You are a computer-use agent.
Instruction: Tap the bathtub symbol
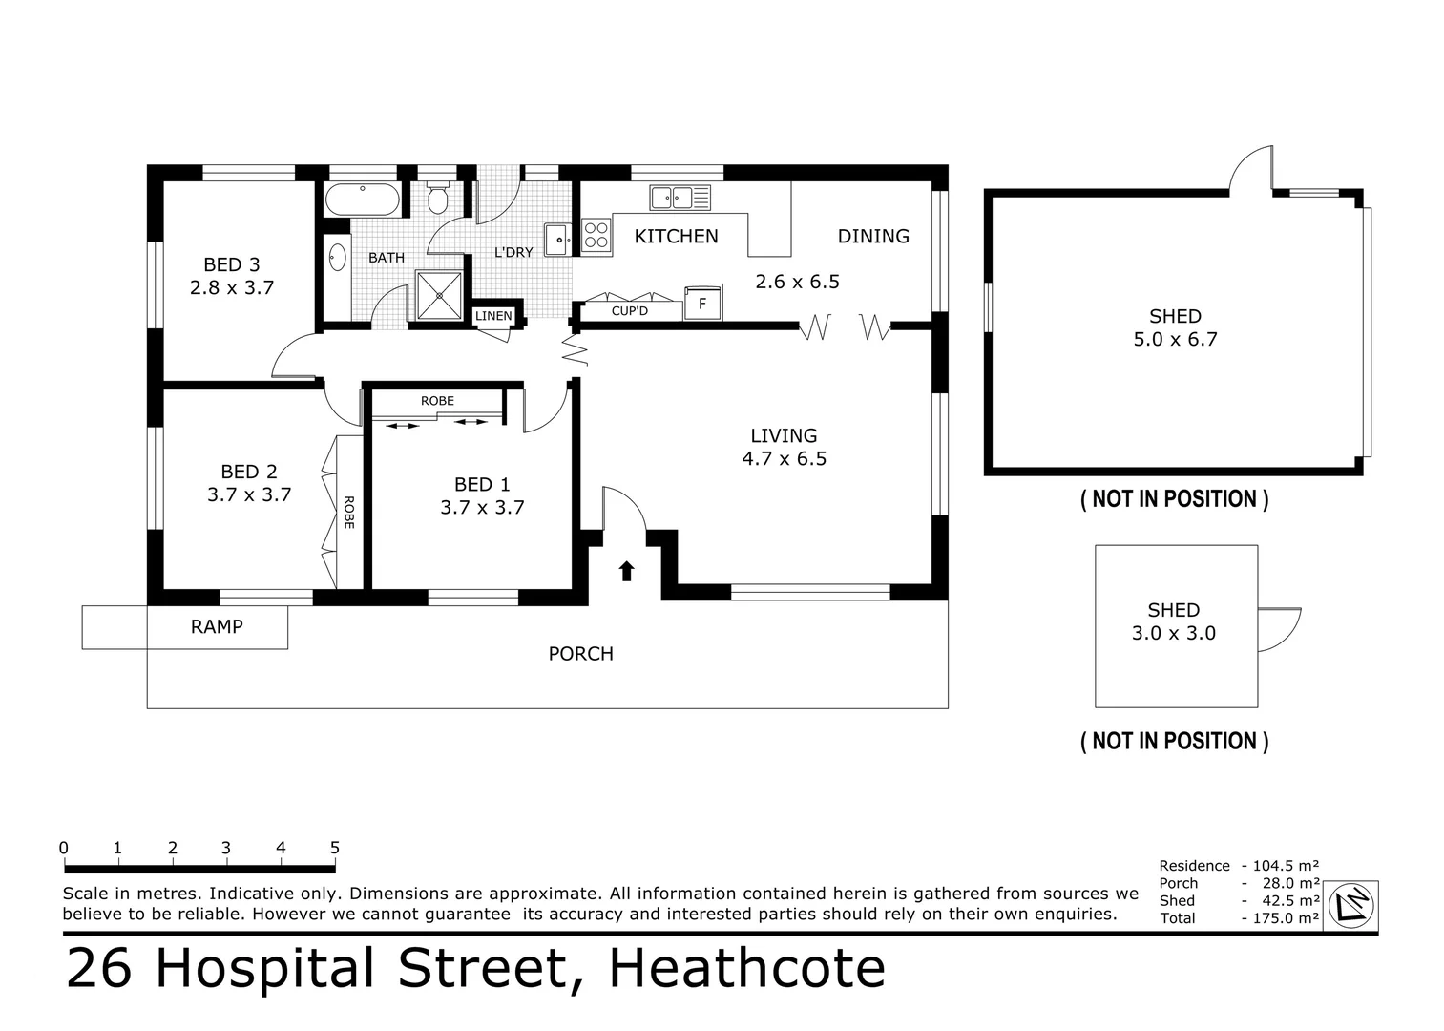[x=363, y=200]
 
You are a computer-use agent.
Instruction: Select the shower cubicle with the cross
[x=440, y=295]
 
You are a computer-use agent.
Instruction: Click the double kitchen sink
[x=680, y=198]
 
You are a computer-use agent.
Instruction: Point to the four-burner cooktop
[x=596, y=235]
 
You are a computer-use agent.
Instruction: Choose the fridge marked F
[x=702, y=303]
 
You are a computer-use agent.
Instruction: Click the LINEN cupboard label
[x=493, y=316]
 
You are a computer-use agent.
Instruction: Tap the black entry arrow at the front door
[x=627, y=571]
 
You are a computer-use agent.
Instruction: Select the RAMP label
[x=217, y=627]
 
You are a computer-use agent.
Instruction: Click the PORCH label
[x=581, y=654]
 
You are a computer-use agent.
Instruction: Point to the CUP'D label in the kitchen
[x=630, y=311]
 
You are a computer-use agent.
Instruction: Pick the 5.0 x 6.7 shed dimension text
[x=1175, y=339]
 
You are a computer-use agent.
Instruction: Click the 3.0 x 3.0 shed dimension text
[x=1174, y=633]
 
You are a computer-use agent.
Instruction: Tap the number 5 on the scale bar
[x=335, y=848]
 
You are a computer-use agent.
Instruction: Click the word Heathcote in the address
[x=747, y=968]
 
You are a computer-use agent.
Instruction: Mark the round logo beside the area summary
[x=1351, y=905]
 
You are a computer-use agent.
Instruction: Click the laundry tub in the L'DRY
[x=557, y=240]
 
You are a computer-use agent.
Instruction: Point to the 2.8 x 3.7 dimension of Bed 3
[x=232, y=287]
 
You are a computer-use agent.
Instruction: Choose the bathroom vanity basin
[x=337, y=258]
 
